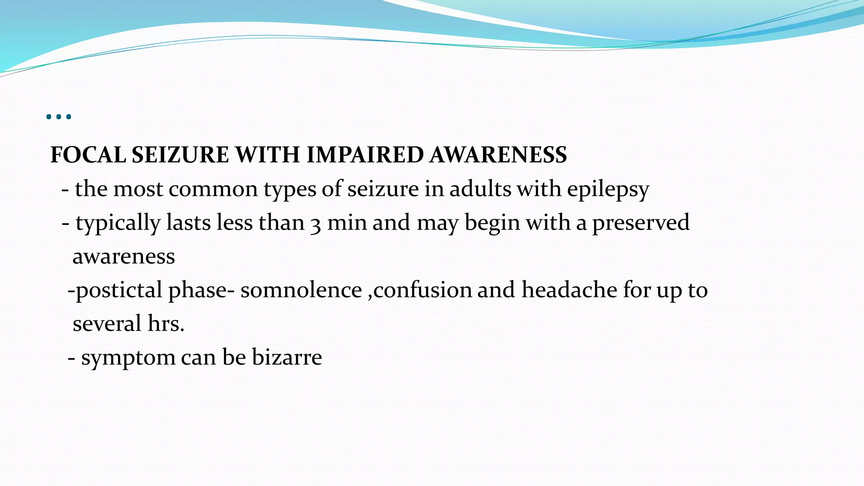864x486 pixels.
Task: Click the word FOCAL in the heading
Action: [88, 155]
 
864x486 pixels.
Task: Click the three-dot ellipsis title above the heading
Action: [59, 116]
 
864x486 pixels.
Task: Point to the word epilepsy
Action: [608, 189]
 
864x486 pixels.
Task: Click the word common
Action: [213, 189]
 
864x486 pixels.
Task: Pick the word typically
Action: [118, 223]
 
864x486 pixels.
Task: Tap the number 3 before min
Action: [316, 224]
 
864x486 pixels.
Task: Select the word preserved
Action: [641, 223]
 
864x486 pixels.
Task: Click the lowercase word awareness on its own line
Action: [124, 256]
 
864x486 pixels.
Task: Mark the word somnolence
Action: [301, 290]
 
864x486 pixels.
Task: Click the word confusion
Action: [422, 290]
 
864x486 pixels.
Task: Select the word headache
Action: [569, 290]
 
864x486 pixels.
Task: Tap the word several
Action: [107, 324]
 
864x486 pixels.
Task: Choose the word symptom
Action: [128, 358]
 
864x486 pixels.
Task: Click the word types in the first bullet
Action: [290, 189]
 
